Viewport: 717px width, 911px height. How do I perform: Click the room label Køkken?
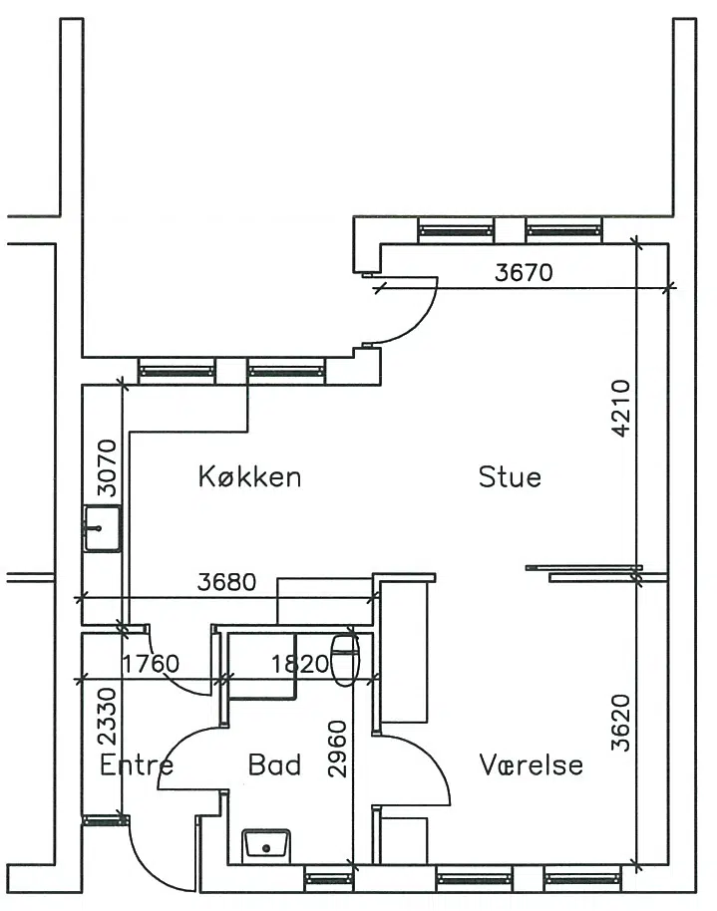(x=249, y=476)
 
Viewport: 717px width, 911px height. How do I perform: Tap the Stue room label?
(x=510, y=476)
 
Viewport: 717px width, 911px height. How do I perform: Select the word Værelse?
(x=531, y=764)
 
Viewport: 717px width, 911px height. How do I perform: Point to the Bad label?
(x=274, y=764)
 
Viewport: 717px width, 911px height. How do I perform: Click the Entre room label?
(x=137, y=764)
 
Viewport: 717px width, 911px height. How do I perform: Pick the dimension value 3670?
(x=524, y=272)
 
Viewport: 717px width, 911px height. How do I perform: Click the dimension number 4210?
(x=621, y=408)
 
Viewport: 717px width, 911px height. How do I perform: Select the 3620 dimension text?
(x=621, y=723)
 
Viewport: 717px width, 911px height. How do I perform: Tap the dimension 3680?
(x=226, y=581)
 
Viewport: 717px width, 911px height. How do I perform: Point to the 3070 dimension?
(x=107, y=468)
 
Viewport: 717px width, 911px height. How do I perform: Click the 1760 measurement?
(x=151, y=664)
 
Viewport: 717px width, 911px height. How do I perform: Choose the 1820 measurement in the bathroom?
(x=300, y=664)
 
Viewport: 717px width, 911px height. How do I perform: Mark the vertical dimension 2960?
(x=337, y=749)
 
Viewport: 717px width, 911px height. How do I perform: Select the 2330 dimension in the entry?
(x=108, y=717)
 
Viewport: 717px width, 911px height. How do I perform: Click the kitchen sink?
(x=103, y=528)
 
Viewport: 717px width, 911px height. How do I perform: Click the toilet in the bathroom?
(x=345, y=661)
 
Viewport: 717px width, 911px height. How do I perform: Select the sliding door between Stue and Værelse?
(x=584, y=573)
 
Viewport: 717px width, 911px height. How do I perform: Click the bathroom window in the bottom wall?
(x=329, y=879)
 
